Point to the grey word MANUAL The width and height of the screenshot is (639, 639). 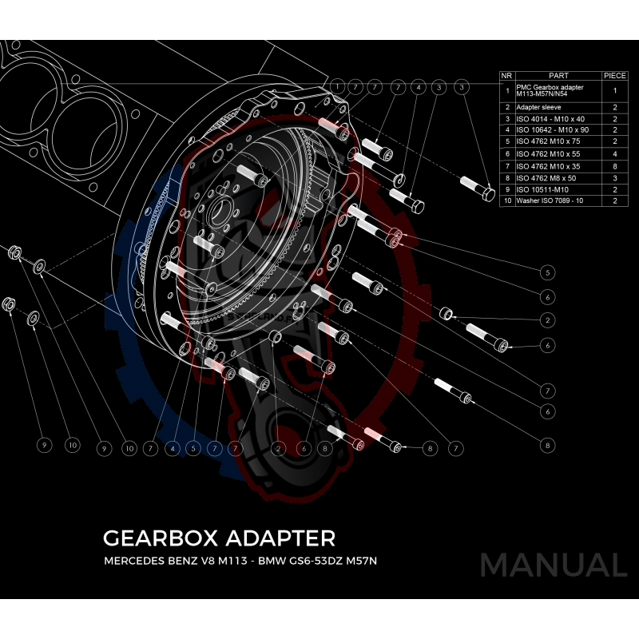[552, 566]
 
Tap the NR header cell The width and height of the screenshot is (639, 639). [506, 76]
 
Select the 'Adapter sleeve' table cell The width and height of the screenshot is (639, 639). [539, 106]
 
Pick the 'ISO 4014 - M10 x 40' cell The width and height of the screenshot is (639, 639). [550, 118]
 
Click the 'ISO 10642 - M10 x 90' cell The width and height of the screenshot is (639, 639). [552, 130]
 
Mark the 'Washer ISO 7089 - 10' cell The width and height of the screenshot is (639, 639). [551, 201]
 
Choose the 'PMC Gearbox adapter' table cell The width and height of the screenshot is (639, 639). [551, 91]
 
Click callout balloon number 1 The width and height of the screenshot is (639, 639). [339, 85]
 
